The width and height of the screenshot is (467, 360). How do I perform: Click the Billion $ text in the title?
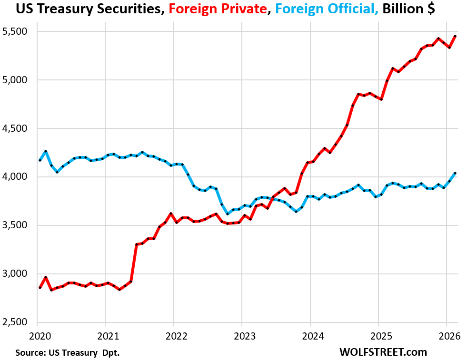tap(407, 9)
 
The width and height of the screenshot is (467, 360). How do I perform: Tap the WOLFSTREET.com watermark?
tap(383, 352)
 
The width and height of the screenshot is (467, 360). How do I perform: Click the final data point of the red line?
tap(455, 36)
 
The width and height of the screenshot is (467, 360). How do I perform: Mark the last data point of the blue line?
tap(455, 173)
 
